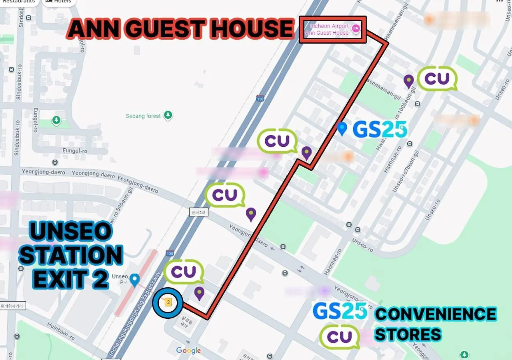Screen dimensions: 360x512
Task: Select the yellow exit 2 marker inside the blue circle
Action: pyautogui.click(x=168, y=302)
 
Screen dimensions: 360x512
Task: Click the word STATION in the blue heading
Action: pyautogui.click(x=71, y=255)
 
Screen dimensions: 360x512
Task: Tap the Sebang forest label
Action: pyautogui.click(x=143, y=116)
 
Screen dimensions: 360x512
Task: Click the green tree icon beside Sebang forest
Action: pyautogui.click(x=168, y=115)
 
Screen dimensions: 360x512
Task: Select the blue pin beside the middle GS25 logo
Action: pyautogui.click(x=341, y=128)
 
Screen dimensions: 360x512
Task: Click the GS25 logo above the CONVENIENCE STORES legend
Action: pyautogui.click(x=340, y=311)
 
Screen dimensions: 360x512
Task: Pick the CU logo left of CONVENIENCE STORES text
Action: pyautogui.click(x=339, y=336)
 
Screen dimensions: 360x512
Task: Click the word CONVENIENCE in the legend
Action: pyautogui.click(x=435, y=314)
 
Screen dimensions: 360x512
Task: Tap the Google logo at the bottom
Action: pyautogui.click(x=188, y=351)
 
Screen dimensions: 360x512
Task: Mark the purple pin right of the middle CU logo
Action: pyautogui.click(x=306, y=153)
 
